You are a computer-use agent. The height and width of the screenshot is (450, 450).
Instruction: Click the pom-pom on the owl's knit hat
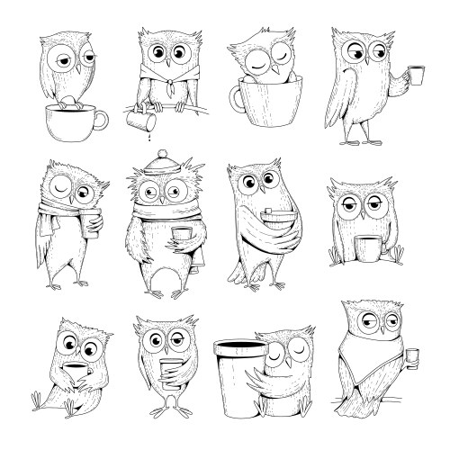pyautogui.click(x=162, y=153)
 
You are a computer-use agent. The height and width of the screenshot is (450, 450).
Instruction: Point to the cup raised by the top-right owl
pyautogui.click(x=415, y=75)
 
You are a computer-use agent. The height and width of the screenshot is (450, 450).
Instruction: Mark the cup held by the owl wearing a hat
pyautogui.click(x=181, y=239)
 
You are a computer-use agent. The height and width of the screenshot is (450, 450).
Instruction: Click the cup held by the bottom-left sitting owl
pyautogui.click(x=77, y=373)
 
